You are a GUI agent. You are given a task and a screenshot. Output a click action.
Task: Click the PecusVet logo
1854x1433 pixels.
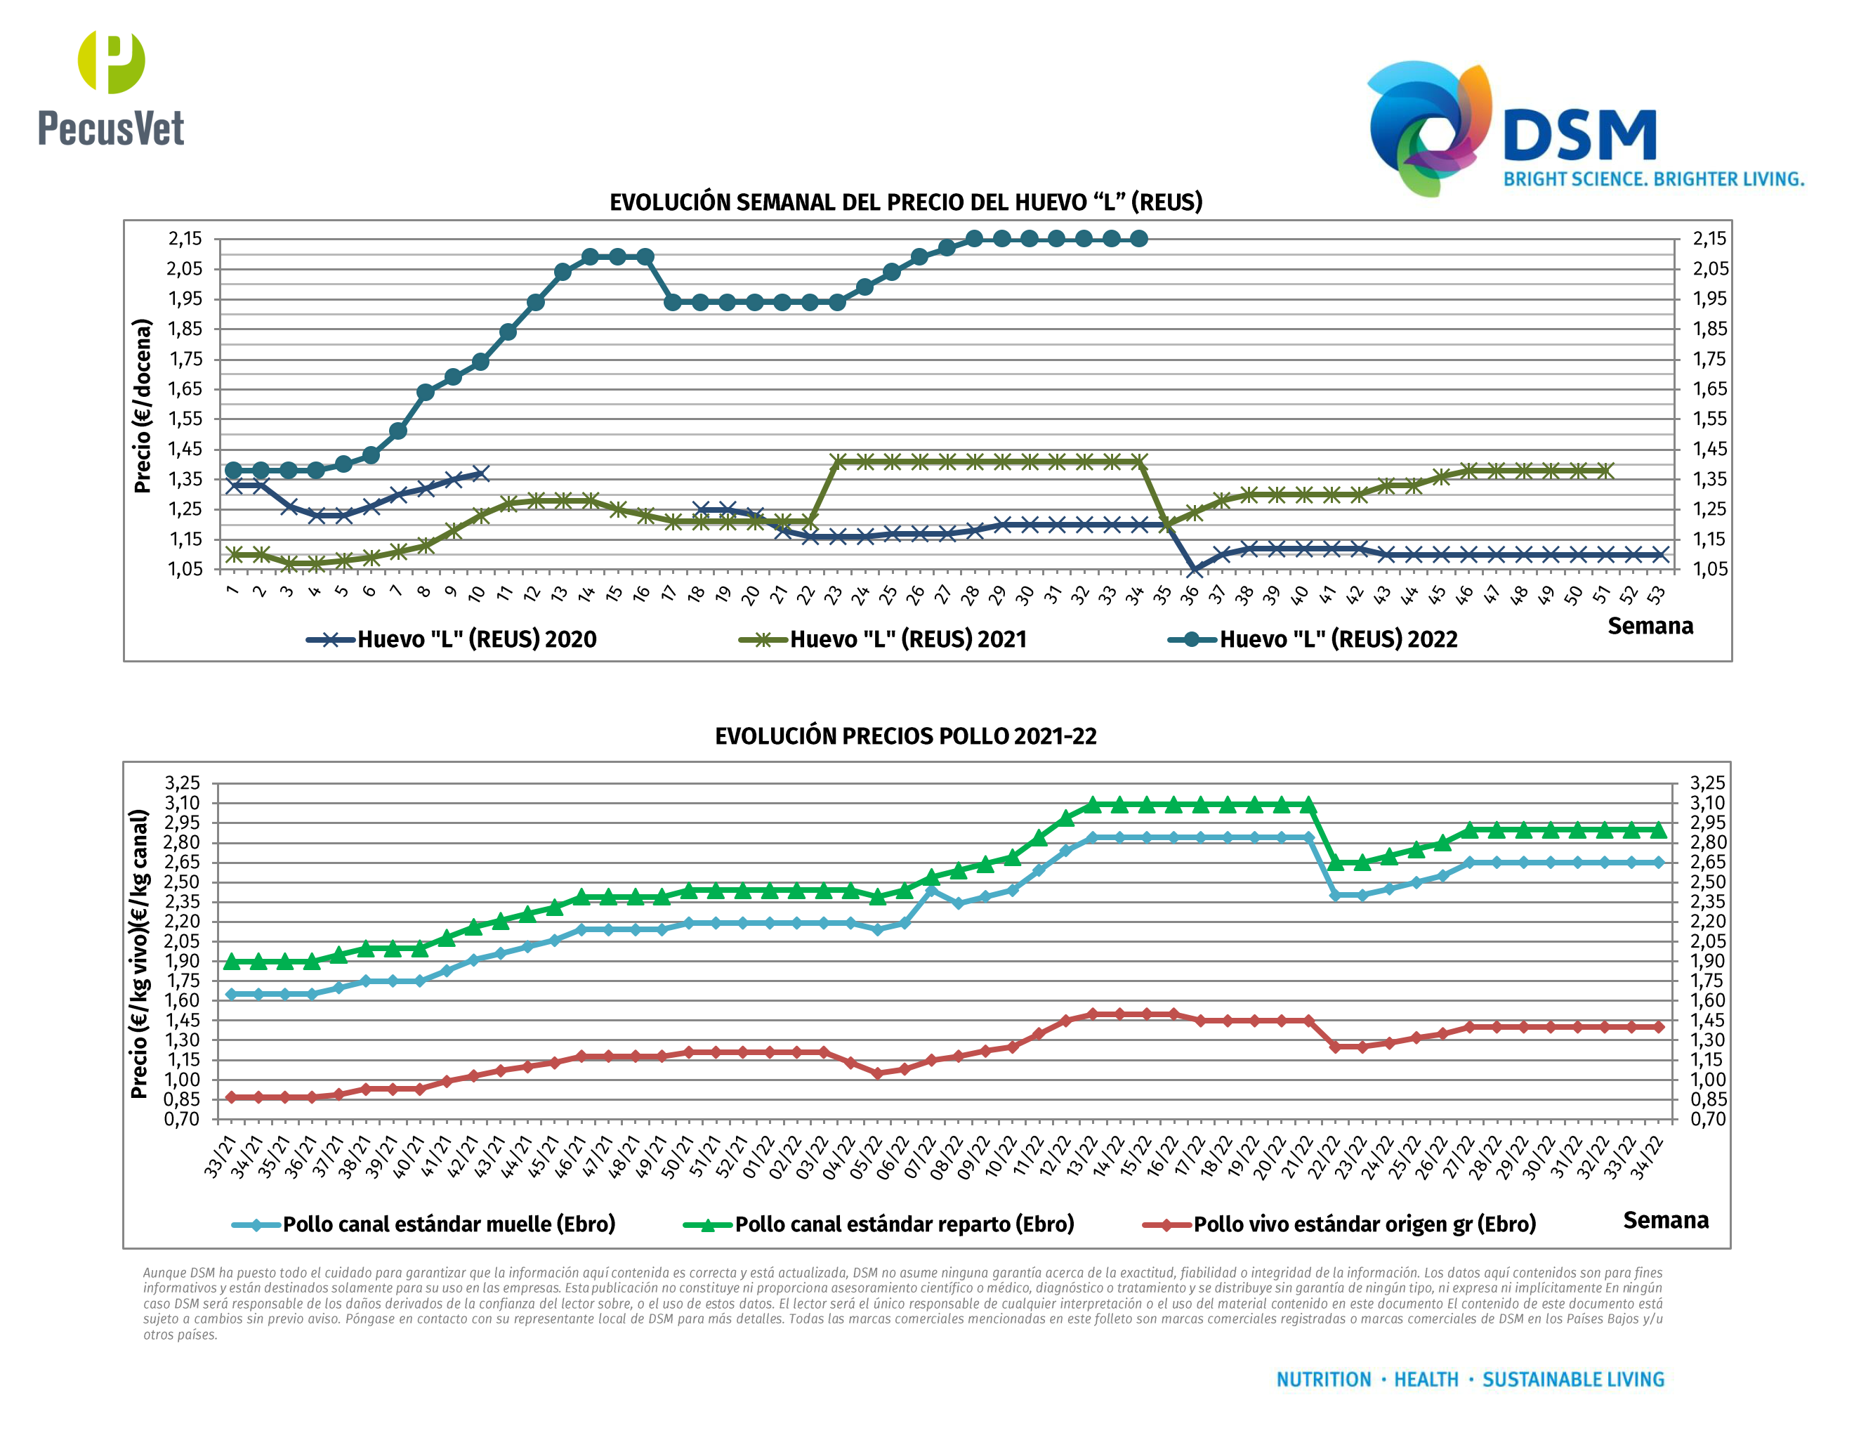[x=110, y=89]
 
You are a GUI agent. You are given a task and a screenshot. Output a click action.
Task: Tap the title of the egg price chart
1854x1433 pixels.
[x=906, y=202]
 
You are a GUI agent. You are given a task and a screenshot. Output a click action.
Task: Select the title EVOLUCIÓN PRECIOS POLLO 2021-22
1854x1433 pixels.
[x=905, y=736]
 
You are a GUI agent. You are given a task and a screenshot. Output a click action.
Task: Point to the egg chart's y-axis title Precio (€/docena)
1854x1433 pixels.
[x=143, y=406]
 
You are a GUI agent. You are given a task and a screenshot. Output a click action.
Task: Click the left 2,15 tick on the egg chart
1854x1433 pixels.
[x=185, y=239]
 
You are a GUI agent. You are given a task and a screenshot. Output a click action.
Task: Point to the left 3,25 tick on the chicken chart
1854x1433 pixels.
[x=183, y=783]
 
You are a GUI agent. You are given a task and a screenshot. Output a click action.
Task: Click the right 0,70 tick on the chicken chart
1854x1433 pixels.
[x=1707, y=1119]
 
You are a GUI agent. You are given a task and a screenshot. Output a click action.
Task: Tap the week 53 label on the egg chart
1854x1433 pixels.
[x=1656, y=595]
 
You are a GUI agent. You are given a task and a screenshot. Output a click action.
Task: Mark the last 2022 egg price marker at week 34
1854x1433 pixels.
[x=1138, y=239]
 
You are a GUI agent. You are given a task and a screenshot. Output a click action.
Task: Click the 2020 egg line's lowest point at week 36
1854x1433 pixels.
[x=1194, y=570]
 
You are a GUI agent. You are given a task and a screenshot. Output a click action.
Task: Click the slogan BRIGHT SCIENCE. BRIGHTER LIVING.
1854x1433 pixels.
[x=1653, y=179]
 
